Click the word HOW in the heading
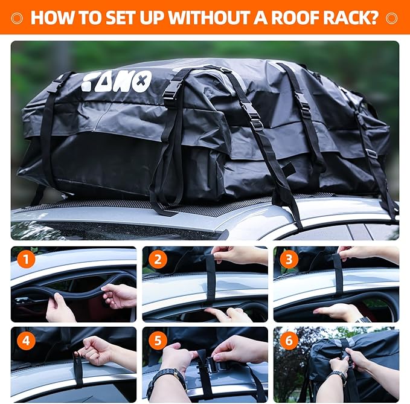[x=53, y=17]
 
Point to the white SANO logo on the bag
[x=116, y=81]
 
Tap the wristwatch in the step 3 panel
[x=363, y=319]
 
